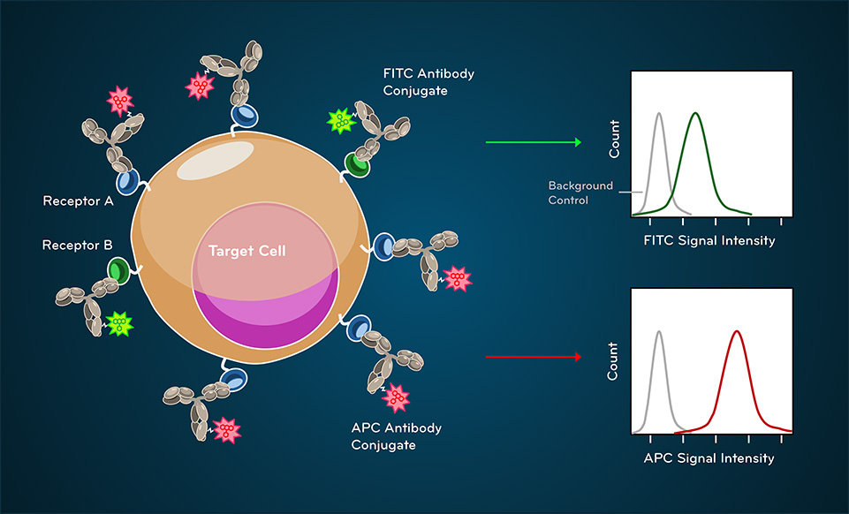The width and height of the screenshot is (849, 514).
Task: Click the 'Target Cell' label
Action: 246,251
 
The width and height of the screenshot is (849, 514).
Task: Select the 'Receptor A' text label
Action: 78,201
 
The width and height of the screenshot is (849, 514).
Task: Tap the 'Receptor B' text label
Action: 78,246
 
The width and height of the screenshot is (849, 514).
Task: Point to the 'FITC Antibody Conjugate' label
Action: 428,82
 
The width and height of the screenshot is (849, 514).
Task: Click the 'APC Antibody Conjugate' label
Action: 397,436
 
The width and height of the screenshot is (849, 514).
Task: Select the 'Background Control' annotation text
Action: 580,193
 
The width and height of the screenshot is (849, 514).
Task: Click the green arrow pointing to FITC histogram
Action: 534,142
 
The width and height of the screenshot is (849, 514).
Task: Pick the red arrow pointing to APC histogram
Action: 534,357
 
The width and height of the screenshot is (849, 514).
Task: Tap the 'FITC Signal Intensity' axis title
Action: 709,241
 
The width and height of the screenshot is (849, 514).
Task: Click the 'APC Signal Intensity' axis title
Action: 709,458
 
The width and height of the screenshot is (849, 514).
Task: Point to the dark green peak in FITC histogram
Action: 696,114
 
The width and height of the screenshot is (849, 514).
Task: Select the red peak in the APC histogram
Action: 737,332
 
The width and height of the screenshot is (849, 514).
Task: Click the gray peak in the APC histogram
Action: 659,332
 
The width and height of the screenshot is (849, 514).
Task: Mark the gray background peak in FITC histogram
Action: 659,114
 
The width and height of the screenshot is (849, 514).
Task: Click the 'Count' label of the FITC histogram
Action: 614,139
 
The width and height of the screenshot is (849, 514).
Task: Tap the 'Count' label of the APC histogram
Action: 612,361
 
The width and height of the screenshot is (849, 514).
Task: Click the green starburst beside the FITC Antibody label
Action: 341,121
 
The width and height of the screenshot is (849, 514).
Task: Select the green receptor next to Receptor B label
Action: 118,270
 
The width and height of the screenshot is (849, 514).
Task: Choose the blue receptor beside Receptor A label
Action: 127,181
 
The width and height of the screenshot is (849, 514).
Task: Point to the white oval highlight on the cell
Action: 216,161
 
